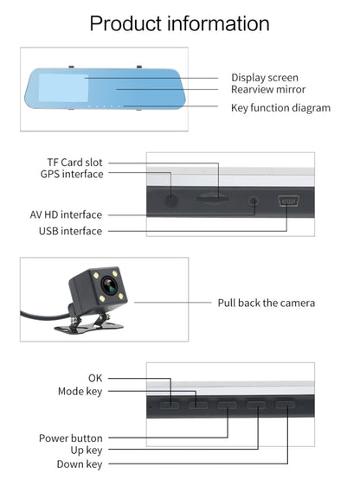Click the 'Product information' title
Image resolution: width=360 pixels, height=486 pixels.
tap(180, 22)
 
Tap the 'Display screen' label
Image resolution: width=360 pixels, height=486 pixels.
tap(265, 78)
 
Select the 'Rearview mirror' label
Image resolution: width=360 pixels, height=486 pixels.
tap(268, 89)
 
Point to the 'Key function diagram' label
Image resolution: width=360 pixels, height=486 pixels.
tap(280, 108)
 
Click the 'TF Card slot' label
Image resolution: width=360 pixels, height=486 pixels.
tap(74, 162)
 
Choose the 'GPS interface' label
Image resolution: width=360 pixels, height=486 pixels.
tap(72, 174)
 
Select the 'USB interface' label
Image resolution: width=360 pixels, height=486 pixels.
tap(70, 231)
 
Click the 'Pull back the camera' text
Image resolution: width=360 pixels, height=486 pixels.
tap(266, 303)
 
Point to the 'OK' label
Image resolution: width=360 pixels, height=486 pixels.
tap(95, 378)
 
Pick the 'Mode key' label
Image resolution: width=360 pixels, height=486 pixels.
tap(80, 391)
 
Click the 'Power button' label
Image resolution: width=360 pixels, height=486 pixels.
tap(71, 438)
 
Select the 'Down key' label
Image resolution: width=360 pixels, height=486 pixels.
tap(80, 464)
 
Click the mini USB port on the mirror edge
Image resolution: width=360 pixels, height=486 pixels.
tap(288, 202)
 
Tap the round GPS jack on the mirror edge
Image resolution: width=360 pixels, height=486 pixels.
tap(172, 200)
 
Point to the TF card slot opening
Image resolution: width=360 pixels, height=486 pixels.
tap(213, 198)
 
